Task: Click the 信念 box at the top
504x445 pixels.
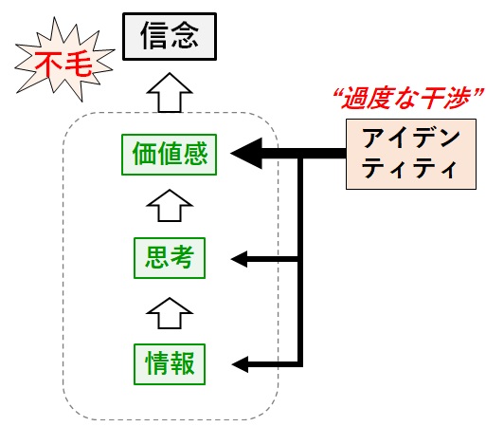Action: [x=170, y=36]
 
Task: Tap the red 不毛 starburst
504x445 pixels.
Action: [x=64, y=60]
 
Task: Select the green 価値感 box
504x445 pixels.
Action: [x=169, y=155]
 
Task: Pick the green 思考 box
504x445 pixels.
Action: [x=170, y=258]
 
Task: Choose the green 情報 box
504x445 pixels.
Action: [x=170, y=364]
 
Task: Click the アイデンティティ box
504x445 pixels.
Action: [x=411, y=154]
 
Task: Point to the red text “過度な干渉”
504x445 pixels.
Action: [x=408, y=98]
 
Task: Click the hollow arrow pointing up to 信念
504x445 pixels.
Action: [x=170, y=93]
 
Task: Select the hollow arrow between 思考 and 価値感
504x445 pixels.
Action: [x=170, y=206]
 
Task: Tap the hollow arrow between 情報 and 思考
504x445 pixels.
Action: [x=170, y=313]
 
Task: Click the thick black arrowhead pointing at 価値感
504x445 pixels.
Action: [x=246, y=154]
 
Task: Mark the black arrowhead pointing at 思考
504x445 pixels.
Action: [x=239, y=259]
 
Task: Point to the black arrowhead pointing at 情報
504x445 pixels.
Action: [x=240, y=364]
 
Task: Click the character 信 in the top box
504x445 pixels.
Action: [x=153, y=35]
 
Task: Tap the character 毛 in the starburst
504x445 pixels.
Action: [x=80, y=64]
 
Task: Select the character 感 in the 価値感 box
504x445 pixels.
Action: [x=195, y=154]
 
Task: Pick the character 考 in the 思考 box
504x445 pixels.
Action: [x=182, y=257]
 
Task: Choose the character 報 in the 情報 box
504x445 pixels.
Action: [x=182, y=362]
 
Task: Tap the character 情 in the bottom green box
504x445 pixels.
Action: [x=157, y=362]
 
